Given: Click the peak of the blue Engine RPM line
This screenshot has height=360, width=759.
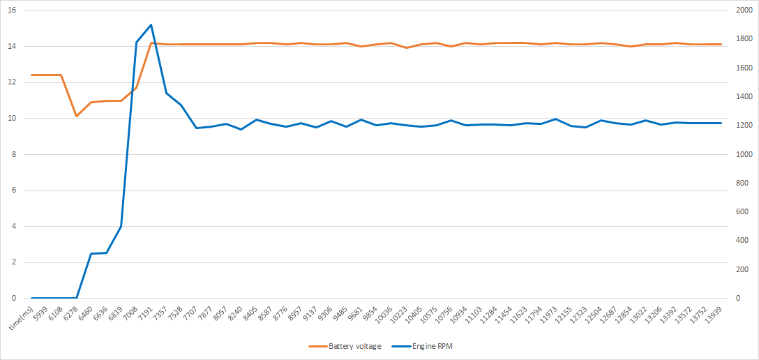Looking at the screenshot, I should [x=151, y=25].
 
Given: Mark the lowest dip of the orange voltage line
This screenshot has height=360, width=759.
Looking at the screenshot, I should [x=76, y=116].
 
